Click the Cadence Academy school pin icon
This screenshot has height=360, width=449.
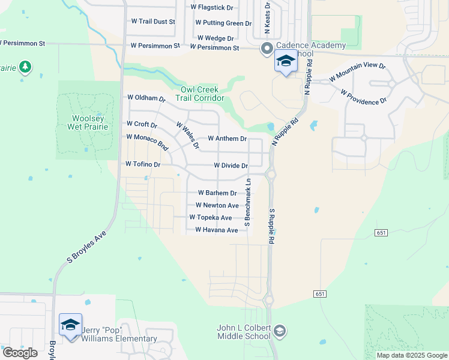(x=286, y=62)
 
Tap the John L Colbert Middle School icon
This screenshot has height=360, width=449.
(x=279, y=331)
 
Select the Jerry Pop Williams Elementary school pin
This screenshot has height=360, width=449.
(x=70, y=326)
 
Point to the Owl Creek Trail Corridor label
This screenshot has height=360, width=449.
(x=202, y=94)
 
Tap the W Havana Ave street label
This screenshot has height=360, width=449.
(x=217, y=230)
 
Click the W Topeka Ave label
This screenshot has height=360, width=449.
(x=210, y=218)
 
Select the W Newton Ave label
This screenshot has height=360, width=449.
(x=217, y=205)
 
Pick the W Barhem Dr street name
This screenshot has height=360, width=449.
(x=217, y=193)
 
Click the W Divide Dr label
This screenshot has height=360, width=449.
(x=231, y=166)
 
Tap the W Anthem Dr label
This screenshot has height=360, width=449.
(x=228, y=139)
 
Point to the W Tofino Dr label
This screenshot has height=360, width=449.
(x=143, y=164)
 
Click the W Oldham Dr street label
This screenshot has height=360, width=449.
(x=146, y=98)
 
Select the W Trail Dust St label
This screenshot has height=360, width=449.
(x=153, y=22)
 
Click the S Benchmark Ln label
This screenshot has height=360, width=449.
(x=247, y=199)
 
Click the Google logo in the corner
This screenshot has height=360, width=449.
(x=20, y=353)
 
